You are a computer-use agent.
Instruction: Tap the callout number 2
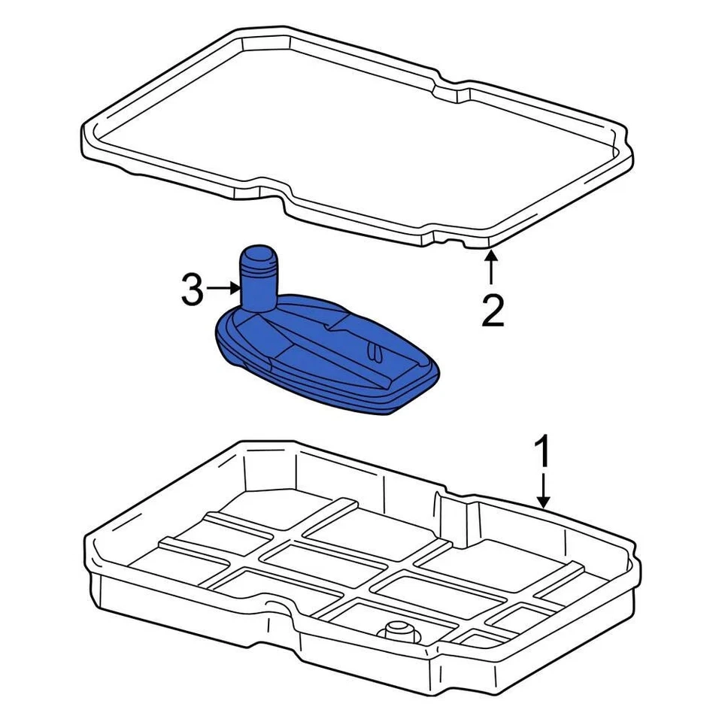[x=493, y=310]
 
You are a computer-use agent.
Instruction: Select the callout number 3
[x=193, y=290]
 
